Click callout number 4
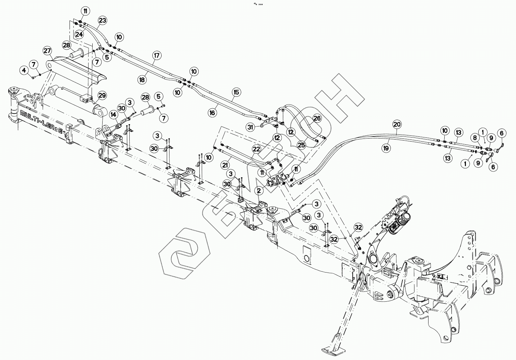pos(24,71)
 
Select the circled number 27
pos(48,51)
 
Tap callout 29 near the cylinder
pos(102,95)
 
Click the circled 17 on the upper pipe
pos(157,55)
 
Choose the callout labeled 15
pos(236,92)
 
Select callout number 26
pos(317,119)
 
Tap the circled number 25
pos(301,145)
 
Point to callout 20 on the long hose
pos(397,124)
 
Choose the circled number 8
pos(475,138)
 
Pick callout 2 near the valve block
pos(259,190)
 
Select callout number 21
pos(225,165)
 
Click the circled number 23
pos(102,20)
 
